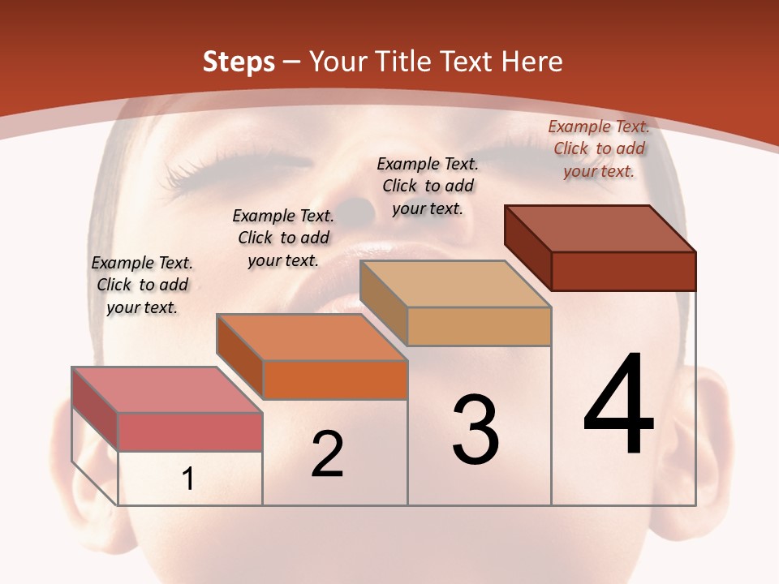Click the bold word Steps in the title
tap(239, 62)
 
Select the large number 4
tap(618, 406)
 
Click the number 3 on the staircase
tap(476, 430)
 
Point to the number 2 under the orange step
tap(328, 455)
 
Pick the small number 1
tap(188, 479)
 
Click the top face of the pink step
tap(166, 389)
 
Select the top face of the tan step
tap(454, 284)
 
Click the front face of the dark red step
tap(623, 271)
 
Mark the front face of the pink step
tap(190, 432)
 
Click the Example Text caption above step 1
tap(142, 285)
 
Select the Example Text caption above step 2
tap(283, 238)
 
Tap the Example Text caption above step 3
tap(428, 186)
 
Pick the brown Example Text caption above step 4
tap(599, 148)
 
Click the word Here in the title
tap(532, 62)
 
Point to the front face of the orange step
tap(334, 380)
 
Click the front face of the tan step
tap(479, 326)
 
